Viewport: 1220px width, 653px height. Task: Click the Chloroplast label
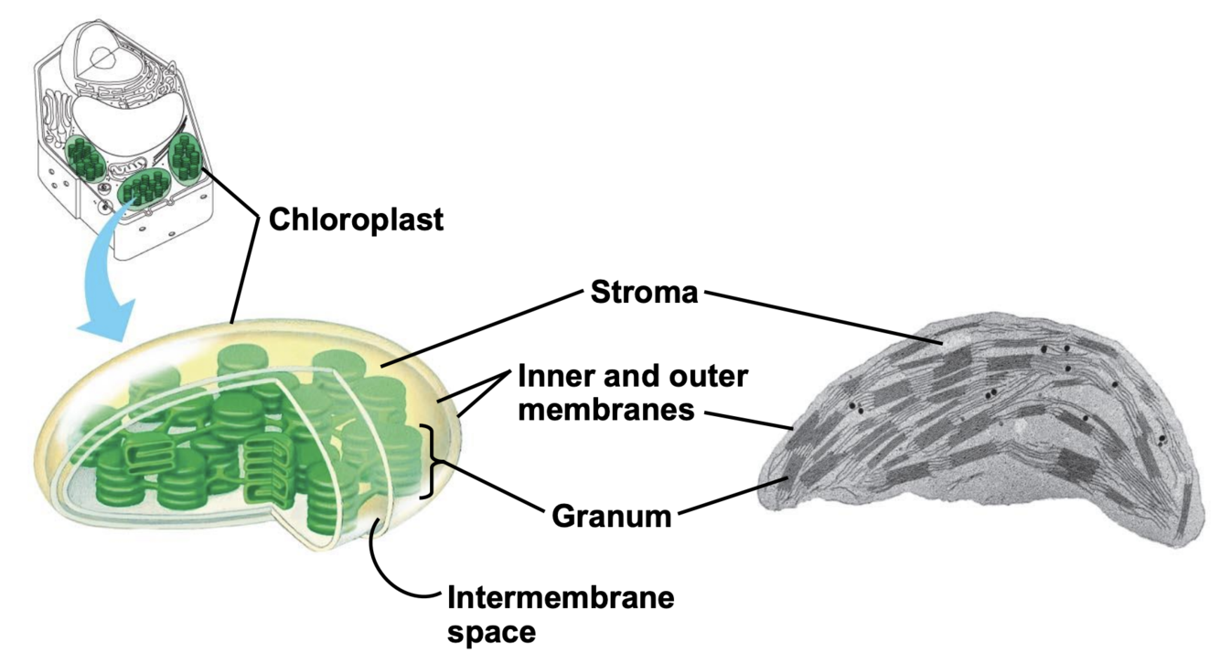[355, 219]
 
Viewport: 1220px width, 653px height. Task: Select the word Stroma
[644, 294]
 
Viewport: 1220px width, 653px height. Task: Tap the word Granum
[612, 517]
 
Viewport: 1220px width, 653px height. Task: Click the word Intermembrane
[561, 599]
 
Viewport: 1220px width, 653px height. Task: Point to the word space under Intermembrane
[490, 631]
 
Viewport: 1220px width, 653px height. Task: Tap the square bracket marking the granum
[429, 462]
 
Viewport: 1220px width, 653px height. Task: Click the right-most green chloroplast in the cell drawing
[186, 157]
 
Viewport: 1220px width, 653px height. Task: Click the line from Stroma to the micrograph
[823, 318]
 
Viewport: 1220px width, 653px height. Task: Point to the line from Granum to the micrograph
[727, 497]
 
